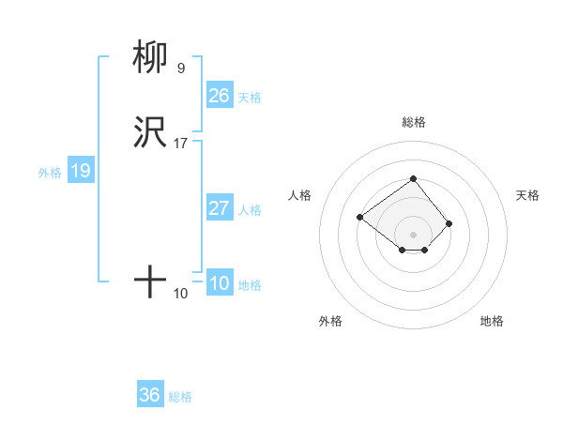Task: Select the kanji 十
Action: click(150, 281)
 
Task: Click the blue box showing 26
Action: click(219, 95)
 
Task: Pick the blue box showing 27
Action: click(219, 208)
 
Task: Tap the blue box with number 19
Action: click(80, 171)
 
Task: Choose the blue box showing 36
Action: click(149, 395)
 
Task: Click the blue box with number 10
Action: click(219, 283)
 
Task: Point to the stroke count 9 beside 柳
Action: click(180, 68)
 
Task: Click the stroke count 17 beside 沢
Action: click(180, 144)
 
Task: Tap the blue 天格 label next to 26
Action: click(249, 97)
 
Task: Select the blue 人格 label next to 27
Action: click(250, 210)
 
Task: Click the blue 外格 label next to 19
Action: click(50, 173)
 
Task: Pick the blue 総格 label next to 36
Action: click(180, 397)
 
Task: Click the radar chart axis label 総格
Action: click(413, 122)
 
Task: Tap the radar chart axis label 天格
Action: click(527, 195)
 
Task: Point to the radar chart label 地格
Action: click(492, 321)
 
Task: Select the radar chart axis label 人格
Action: click(300, 195)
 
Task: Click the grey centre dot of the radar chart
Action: click(413, 234)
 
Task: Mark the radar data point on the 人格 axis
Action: click(359, 217)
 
